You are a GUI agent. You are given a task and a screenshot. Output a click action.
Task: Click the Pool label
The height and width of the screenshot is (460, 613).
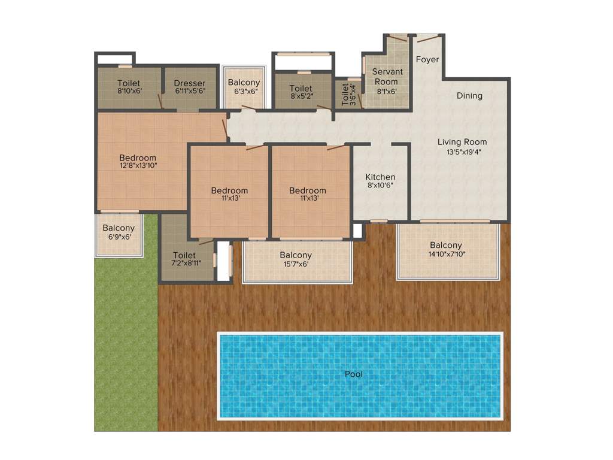tap(354, 374)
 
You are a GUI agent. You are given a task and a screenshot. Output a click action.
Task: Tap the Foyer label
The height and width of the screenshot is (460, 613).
tap(427, 59)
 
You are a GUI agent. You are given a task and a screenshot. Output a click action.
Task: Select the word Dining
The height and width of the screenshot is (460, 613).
tap(469, 96)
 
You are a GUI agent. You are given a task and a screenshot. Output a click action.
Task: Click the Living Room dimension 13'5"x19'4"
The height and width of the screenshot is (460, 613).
tap(462, 152)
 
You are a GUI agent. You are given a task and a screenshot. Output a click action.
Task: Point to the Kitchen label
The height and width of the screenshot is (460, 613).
tap(381, 177)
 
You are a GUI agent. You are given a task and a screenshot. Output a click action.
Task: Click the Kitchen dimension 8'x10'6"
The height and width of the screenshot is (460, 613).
tap(381, 186)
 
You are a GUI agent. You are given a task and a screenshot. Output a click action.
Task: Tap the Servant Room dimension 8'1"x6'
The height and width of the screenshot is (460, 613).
tap(386, 91)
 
